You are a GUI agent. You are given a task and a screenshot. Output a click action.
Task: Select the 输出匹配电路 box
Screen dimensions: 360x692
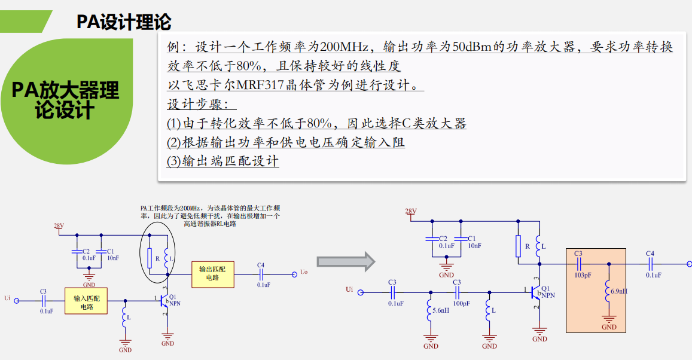click(x=212, y=273)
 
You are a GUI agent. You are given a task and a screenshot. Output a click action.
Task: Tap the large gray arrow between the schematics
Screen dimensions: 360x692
click(x=346, y=261)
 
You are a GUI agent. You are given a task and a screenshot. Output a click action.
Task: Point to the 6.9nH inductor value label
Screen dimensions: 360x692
click(x=619, y=291)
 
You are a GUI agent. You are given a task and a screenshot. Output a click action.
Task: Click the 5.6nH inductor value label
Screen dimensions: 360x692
click(x=441, y=310)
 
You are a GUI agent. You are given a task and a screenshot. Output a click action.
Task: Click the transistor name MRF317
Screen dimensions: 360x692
click(x=260, y=85)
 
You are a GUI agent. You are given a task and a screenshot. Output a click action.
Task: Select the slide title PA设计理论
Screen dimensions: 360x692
click(x=124, y=22)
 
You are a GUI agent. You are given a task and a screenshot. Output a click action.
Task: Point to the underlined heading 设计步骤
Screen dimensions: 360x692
click(x=201, y=104)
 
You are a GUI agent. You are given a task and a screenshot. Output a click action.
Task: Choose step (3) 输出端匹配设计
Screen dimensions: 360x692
click(x=223, y=161)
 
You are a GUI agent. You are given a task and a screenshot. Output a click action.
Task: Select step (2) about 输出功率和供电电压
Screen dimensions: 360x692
click(x=286, y=142)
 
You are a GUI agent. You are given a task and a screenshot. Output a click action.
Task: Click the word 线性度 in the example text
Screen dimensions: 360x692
click(x=380, y=66)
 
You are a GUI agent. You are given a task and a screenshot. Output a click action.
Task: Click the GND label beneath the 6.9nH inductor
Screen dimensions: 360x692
click(x=609, y=327)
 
